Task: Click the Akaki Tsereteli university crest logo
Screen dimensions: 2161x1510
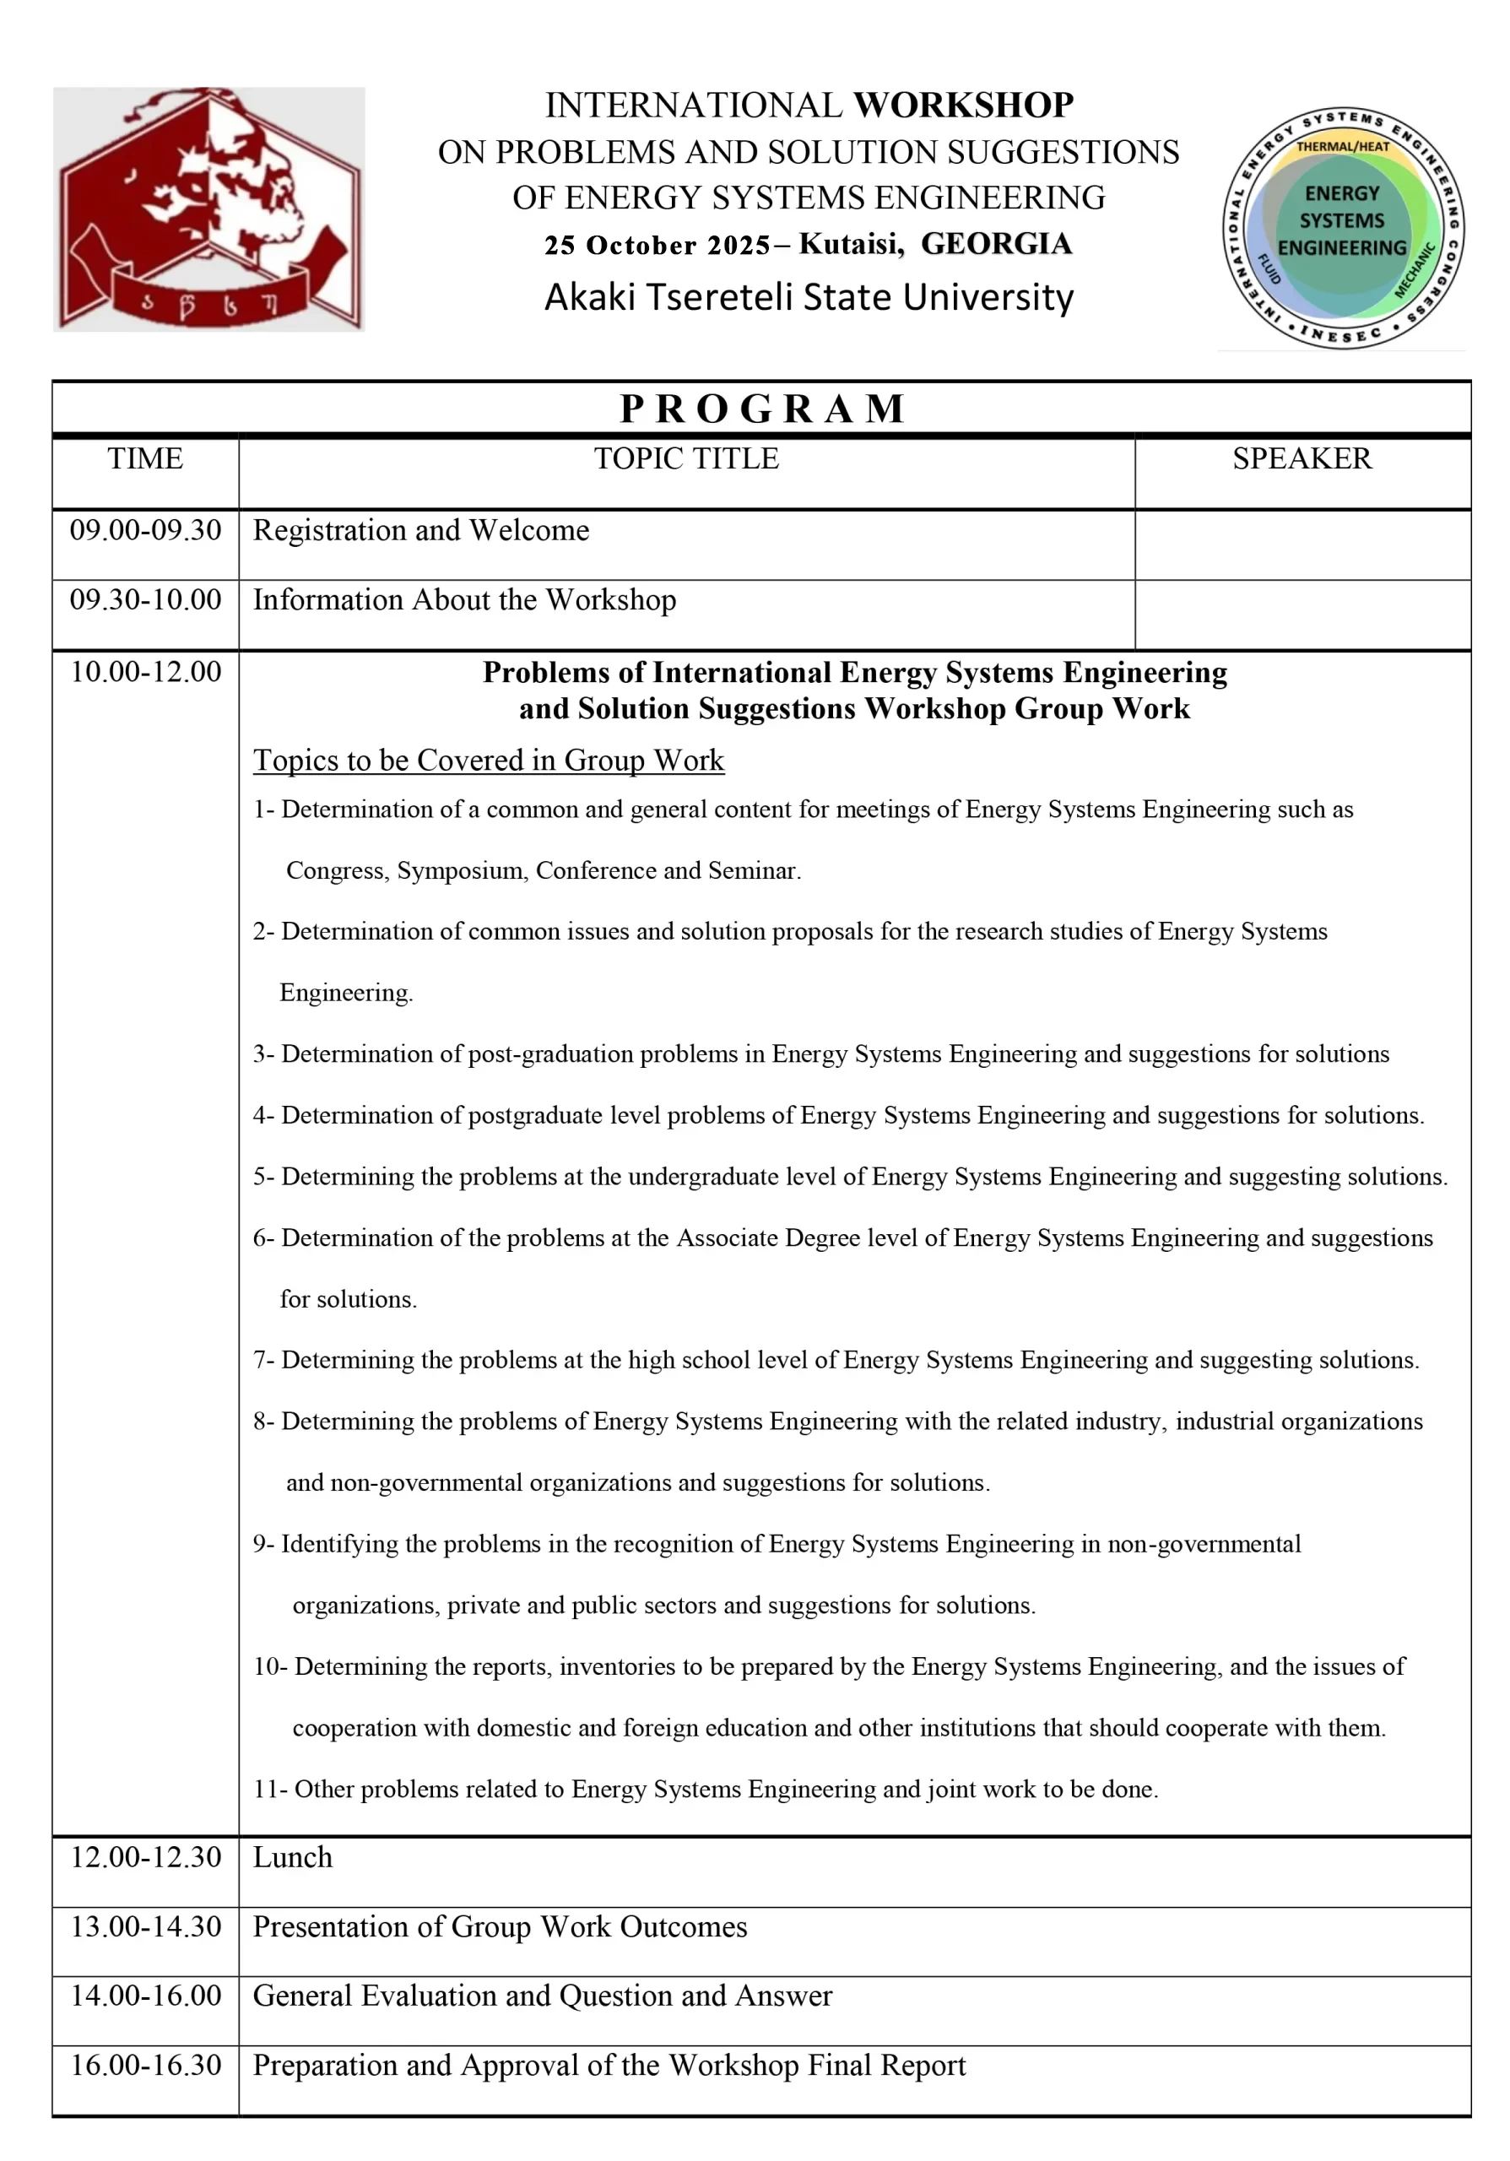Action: coord(208,209)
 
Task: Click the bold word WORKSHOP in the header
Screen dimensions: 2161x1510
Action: coord(962,105)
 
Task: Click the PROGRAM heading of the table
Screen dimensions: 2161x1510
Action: coord(762,409)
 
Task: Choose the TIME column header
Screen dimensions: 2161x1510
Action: coord(145,459)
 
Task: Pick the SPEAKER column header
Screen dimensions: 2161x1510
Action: coord(1302,459)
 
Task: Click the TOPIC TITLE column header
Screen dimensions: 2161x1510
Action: coord(686,459)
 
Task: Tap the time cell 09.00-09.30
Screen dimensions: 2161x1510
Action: coord(146,531)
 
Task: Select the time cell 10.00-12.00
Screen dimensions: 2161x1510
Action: coord(146,672)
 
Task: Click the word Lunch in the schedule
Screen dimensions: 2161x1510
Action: coord(293,1857)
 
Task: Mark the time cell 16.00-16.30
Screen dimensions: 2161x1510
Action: coord(146,2064)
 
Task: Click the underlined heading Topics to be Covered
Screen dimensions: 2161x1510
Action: coord(488,761)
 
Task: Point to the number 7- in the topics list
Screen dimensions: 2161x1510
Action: coord(263,1359)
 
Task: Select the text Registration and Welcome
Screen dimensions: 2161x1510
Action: coord(420,531)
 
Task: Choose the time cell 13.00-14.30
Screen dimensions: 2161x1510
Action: coord(146,1926)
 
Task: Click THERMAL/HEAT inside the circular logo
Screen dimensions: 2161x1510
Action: coord(1343,147)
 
